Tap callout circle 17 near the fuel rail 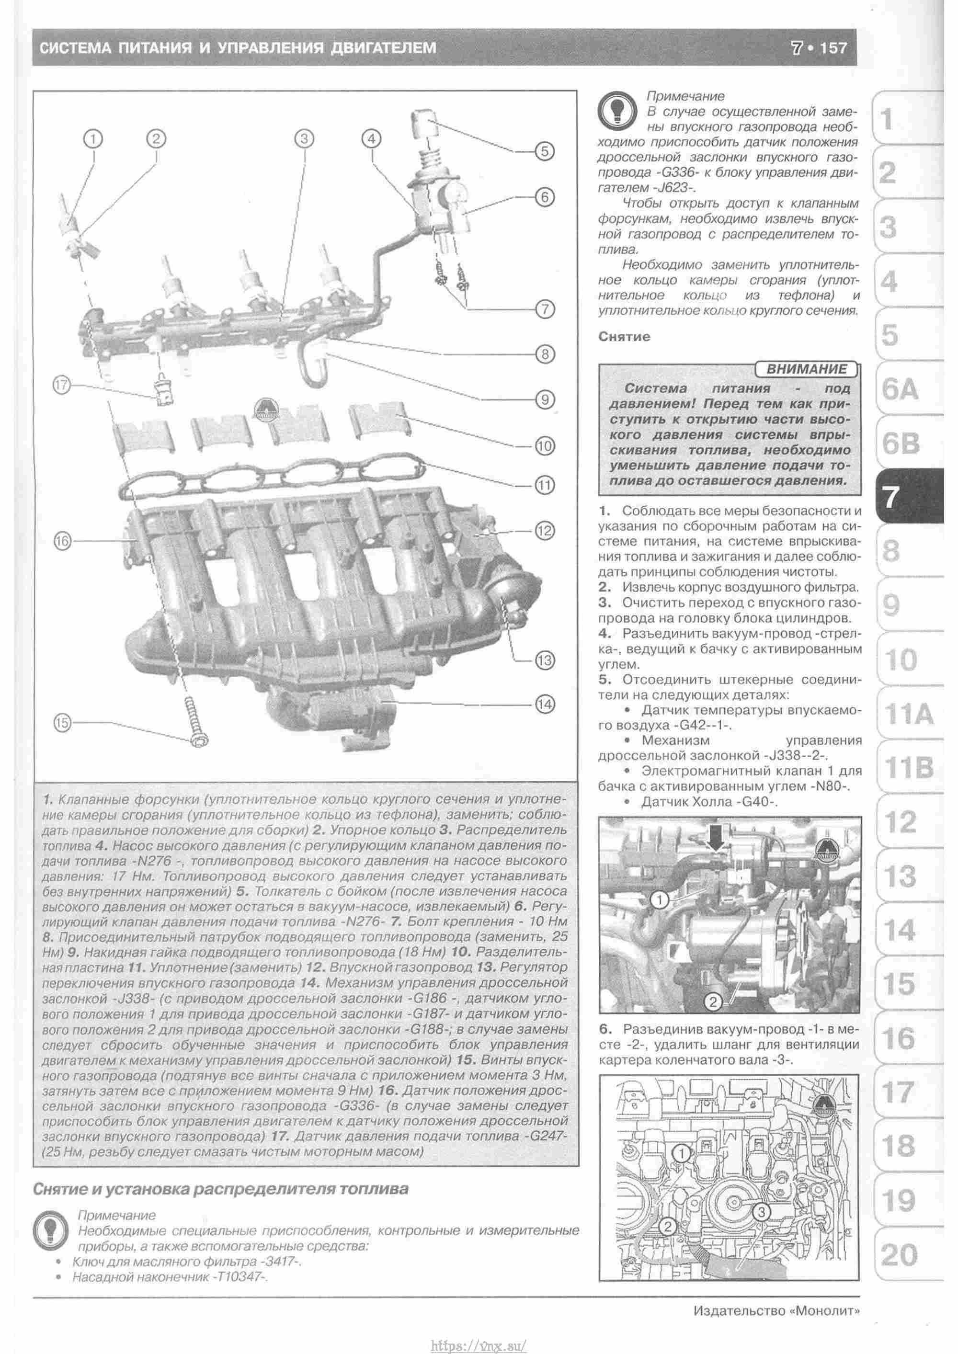61,386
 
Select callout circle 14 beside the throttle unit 545,704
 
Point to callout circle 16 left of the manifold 63,540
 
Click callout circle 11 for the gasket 545,485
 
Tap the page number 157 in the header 833,48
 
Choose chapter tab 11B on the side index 909,768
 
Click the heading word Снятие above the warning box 625,337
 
